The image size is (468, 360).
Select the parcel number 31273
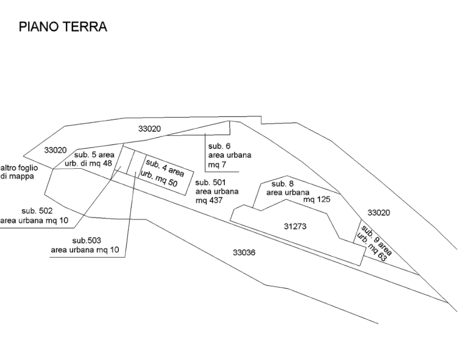[295, 226]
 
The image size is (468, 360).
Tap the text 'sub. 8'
[283, 183]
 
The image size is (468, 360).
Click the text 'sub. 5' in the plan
[85, 154]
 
